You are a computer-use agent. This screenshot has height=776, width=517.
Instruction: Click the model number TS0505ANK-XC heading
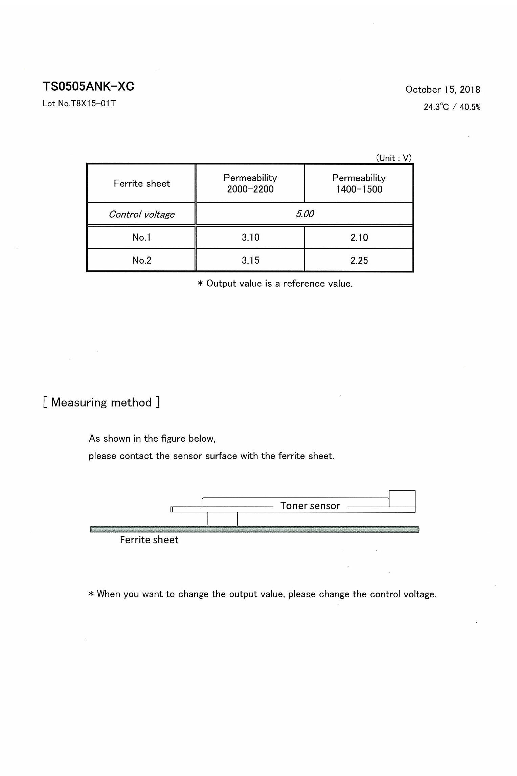88,87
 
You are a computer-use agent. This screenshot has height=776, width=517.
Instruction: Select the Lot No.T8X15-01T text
79,104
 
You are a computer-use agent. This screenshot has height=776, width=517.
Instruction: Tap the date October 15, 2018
443,90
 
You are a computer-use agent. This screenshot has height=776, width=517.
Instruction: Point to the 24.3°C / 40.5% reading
452,107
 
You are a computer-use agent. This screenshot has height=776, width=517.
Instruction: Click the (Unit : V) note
394,158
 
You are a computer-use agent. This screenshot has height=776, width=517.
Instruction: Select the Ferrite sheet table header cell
142,183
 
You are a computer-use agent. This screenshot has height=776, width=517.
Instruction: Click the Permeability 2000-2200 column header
250,183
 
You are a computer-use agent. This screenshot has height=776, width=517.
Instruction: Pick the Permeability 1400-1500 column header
359,183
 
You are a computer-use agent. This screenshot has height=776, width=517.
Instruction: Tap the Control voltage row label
142,214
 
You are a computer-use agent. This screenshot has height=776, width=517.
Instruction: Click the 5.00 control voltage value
305,214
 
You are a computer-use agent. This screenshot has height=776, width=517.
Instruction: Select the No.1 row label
142,237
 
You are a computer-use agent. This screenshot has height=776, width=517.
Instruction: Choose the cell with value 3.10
250,237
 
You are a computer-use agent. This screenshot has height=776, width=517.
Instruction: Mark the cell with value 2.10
359,237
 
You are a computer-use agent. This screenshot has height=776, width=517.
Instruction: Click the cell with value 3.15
250,260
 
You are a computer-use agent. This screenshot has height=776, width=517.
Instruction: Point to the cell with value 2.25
359,260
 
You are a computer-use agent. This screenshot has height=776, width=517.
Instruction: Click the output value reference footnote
275,284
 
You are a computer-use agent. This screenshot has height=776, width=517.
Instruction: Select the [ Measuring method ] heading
102,402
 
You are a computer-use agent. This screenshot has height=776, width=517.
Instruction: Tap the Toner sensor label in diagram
310,506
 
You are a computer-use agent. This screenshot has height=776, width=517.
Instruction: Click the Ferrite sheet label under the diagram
149,540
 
